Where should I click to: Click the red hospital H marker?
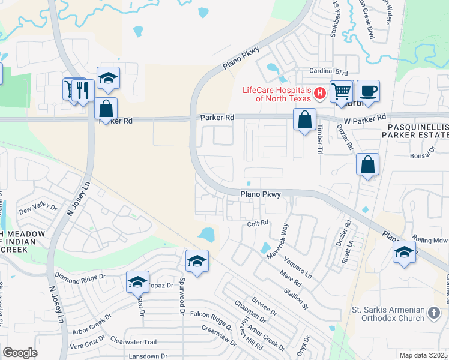320,93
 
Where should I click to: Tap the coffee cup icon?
368,91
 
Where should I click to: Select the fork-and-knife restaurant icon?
82,90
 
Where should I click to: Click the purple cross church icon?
434,312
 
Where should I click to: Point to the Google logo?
20,353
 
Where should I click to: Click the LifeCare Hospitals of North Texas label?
276,94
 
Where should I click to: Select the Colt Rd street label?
257,223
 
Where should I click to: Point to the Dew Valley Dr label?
37,209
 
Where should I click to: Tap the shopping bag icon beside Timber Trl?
305,119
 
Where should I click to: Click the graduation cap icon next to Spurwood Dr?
197,260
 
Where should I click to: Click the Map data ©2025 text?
423,355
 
